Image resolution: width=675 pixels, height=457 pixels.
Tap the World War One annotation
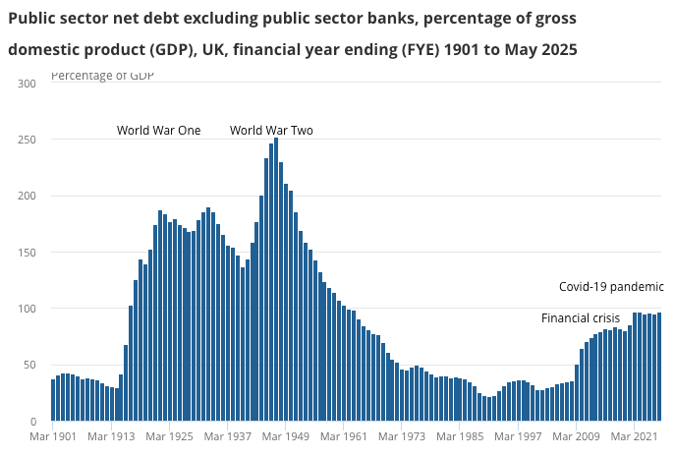[158, 130]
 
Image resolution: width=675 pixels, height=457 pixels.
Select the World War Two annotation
[271, 130]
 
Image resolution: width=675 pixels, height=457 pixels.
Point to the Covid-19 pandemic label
[611, 287]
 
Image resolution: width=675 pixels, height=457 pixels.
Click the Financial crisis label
[581, 318]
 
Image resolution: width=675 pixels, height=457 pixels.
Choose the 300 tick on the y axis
[28, 85]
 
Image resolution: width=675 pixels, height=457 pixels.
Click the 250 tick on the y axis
[28, 141]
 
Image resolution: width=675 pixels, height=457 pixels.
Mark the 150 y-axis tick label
[28, 254]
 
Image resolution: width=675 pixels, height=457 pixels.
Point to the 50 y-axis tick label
[30, 366]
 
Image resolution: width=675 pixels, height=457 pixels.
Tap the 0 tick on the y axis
[33, 422]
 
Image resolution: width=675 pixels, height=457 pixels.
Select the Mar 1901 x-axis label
[53, 436]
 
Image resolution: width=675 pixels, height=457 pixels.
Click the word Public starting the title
[32, 19]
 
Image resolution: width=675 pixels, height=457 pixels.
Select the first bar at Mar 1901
[53, 400]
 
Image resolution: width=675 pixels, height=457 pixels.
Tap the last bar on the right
[659, 368]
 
